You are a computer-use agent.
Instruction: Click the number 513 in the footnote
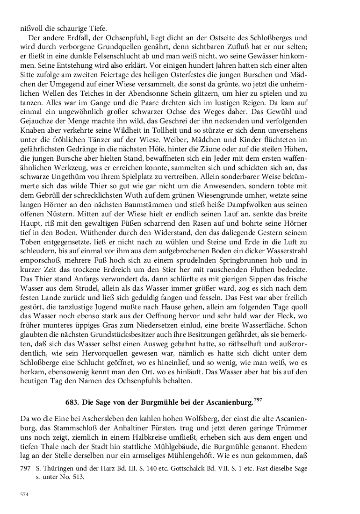click(82, 478)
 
